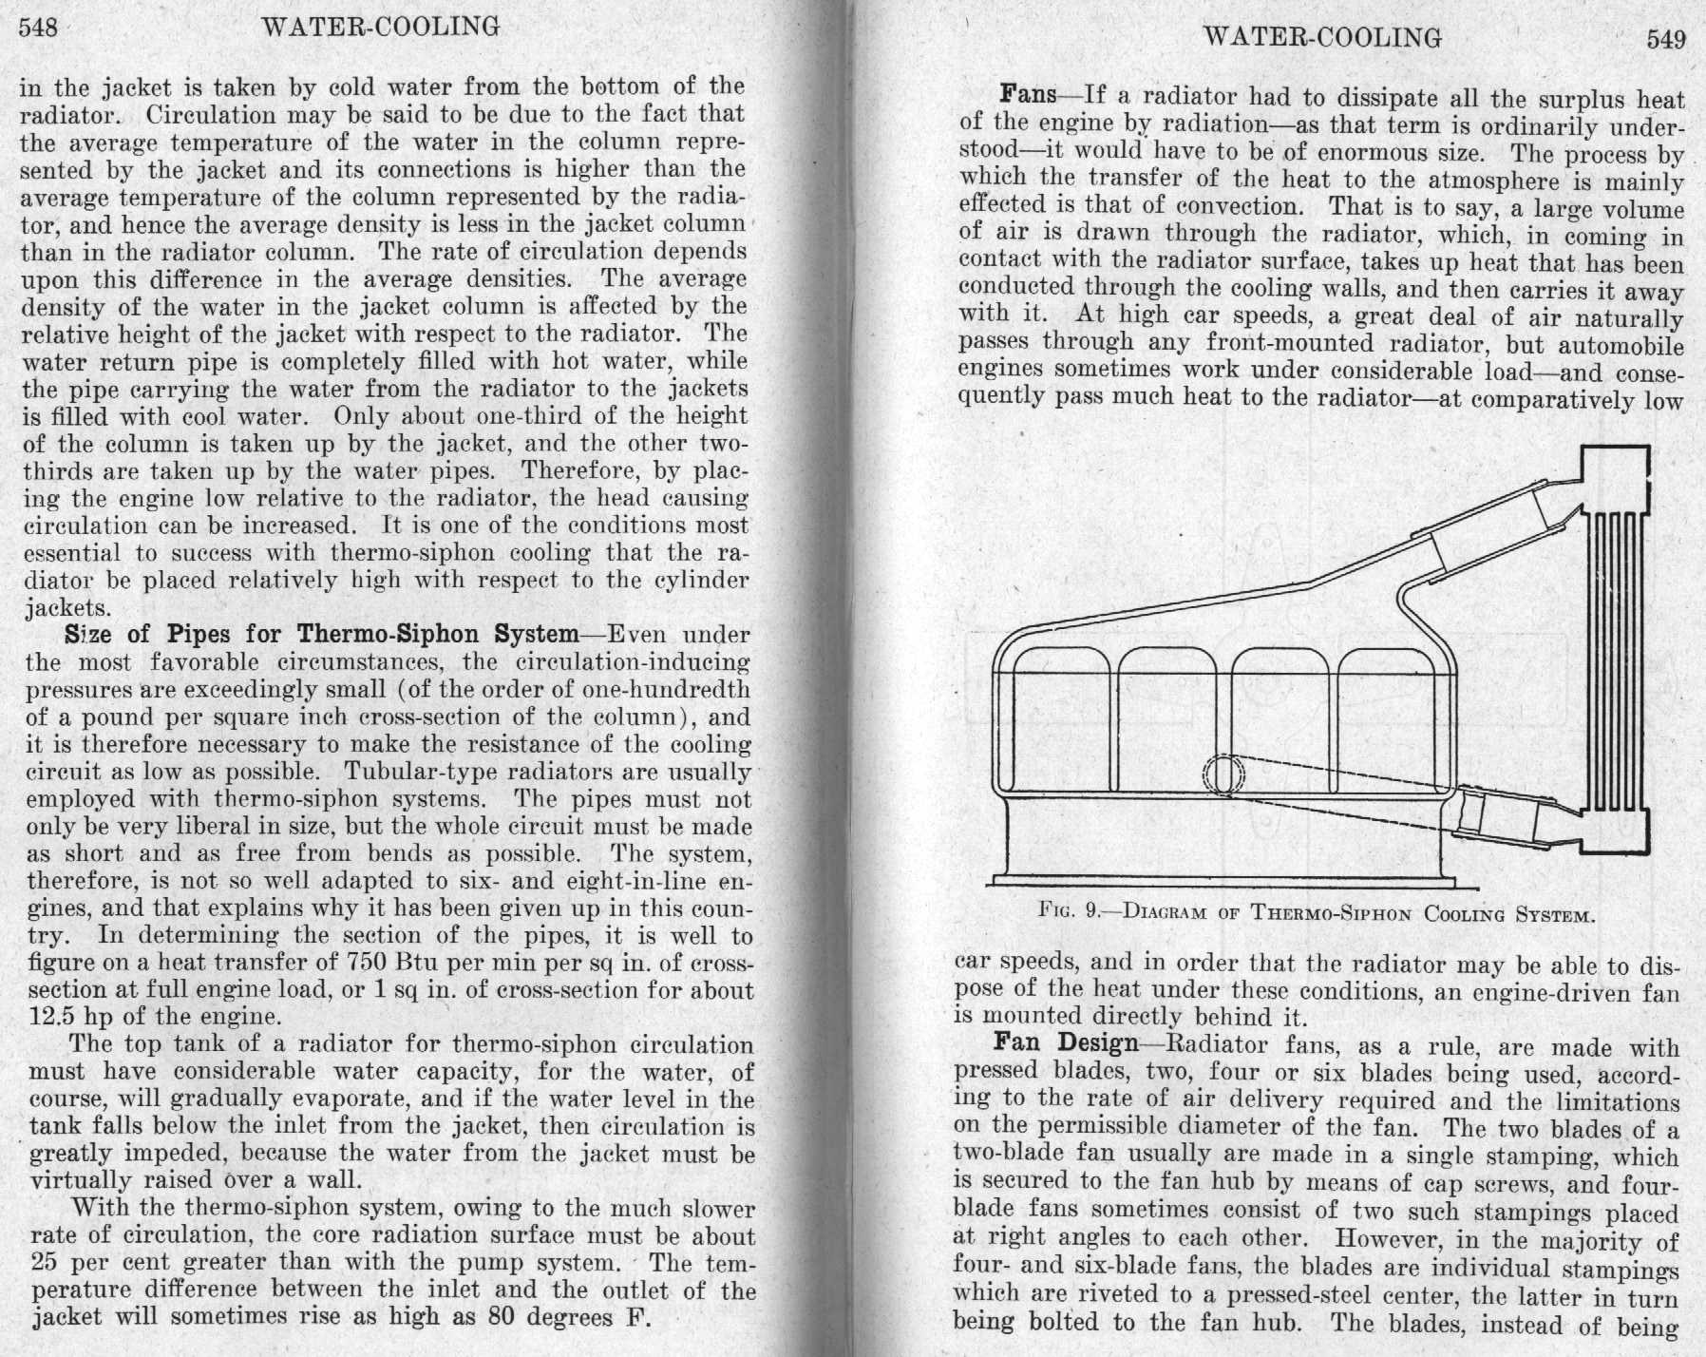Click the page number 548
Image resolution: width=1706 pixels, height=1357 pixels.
pos(38,27)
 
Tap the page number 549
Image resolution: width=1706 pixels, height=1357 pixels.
pos(1665,39)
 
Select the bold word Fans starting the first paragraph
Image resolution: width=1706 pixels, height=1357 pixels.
pos(1029,94)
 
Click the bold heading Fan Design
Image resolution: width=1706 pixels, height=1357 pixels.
pos(1066,1043)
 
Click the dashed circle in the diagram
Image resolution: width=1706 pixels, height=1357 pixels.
pos(1223,774)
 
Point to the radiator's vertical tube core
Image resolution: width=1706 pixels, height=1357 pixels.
pos(1614,662)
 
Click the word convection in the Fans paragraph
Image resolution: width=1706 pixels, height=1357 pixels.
pos(1236,205)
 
